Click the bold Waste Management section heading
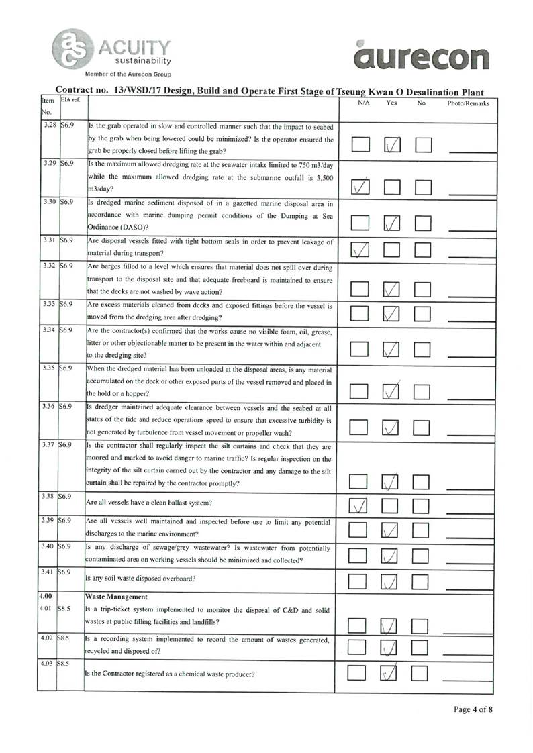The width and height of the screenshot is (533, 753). [x=118, y=595]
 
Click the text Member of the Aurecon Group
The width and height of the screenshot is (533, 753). [x=128, y=74]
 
